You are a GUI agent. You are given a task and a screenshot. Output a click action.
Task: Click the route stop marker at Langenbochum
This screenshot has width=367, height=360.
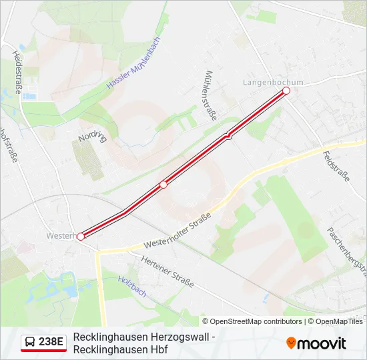tap(286, 90)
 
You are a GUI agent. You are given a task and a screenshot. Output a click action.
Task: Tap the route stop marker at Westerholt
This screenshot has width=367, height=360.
tap(81, 236)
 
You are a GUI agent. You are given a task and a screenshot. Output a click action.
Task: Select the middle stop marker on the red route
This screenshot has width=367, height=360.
tap(163, 185)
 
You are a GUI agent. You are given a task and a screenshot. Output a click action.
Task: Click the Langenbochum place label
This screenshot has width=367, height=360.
tap(272, 82)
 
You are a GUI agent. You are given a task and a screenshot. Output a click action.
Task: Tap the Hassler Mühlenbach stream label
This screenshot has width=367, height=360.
tap(133, 63)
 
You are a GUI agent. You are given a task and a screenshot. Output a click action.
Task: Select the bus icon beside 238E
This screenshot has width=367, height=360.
tap(30, 343)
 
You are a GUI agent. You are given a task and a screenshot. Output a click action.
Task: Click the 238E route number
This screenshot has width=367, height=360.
tap(51, 343)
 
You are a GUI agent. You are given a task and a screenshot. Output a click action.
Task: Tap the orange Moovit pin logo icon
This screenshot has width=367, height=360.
tap(291, 343)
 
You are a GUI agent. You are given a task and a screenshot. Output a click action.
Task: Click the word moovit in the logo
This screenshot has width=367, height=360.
tap(322, 343)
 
